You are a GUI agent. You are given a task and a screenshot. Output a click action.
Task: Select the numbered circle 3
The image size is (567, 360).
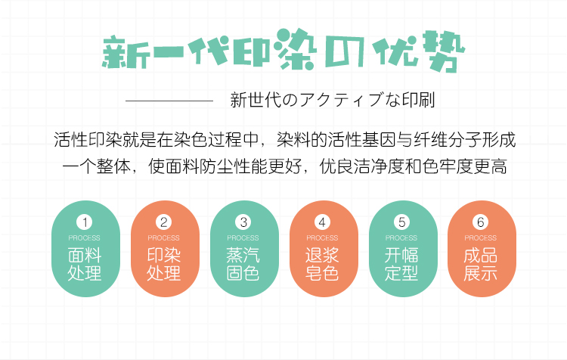tap(243, 222)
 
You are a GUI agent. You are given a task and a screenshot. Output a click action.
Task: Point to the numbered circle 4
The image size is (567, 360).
tap(323, 222)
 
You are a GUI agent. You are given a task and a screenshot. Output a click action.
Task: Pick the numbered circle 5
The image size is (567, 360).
tap(402, 222)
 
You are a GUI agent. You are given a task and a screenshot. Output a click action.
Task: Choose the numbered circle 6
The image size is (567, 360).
tap(480, 222)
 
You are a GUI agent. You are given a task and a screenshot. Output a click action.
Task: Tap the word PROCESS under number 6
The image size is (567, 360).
tap(481, 238)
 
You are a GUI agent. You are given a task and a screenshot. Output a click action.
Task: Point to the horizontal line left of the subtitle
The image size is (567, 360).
tap(169, 100)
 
